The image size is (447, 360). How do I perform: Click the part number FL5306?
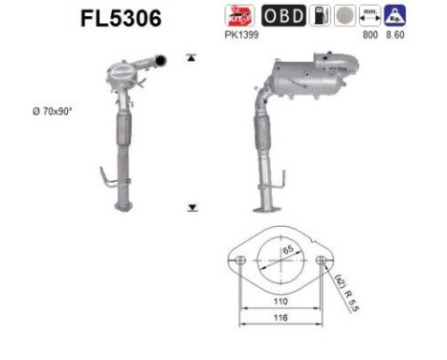click(121, 18)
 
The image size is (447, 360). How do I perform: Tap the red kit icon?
click(239, 15)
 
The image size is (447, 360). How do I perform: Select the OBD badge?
click(283, 15)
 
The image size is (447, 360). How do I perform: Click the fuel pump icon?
click(320, 15)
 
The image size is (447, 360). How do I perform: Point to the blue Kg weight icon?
click(395, 15)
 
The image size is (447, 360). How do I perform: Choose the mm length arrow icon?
click(370, 15)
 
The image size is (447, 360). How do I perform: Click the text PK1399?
click(241, 34)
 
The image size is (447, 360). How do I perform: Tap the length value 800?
click(370, 34)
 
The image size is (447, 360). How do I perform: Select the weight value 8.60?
click(395, 34)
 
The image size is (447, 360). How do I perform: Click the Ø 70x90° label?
click(53, 111)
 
